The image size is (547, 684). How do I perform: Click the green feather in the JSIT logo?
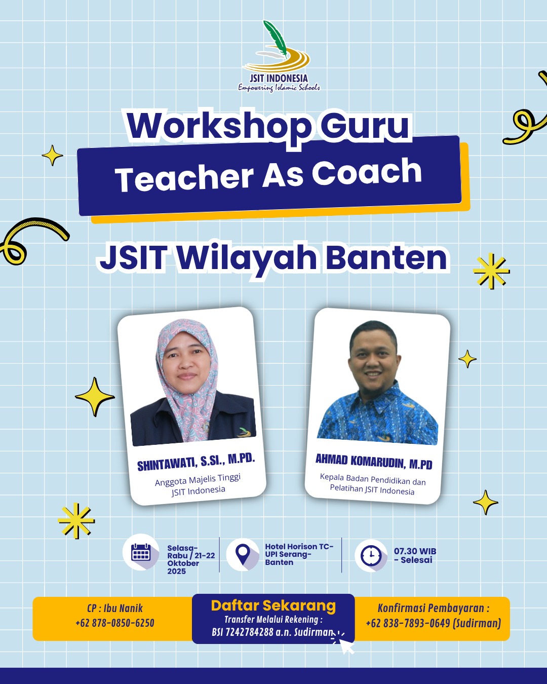pos(275,38)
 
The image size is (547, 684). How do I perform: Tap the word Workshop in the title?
pos(219,127)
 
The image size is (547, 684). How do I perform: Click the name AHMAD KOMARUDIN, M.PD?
pos(374,461)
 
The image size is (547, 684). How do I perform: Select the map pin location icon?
pos(243,554)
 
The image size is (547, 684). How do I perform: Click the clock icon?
pos(371,555)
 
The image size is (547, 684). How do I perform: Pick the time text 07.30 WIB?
pos(415,551)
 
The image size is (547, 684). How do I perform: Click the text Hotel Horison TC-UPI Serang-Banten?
pos(299,554)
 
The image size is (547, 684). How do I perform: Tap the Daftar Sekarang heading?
pos(273,606)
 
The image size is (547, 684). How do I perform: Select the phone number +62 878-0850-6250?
pos(115,623)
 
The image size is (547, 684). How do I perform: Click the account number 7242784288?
pos(249,632)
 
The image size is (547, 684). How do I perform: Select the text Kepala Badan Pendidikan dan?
pos(372,479)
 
